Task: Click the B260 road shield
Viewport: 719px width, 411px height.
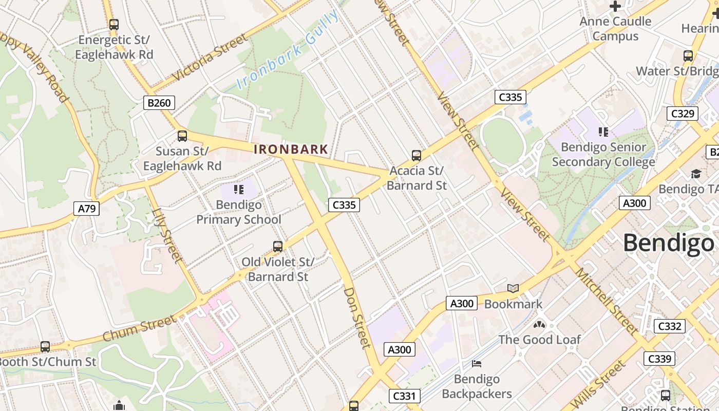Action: tap(159, 103)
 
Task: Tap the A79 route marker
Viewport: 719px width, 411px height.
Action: tap(86, 208)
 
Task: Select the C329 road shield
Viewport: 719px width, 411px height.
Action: tap(682, 114)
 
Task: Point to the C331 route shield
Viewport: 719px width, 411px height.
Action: tap(405, 396)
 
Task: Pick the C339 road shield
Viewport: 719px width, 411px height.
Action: tap(659, 359)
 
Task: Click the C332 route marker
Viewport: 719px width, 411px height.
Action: tap(670, 326)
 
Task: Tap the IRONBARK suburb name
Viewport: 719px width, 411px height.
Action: tap(291, 150)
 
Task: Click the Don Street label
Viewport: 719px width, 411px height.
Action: tap(357, 317)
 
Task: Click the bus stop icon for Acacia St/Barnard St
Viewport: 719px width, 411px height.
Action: tap(417, 155)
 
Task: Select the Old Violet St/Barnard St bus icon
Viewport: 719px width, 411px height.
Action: tap(278, 247)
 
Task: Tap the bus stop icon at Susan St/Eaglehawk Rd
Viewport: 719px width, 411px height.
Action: tap(182, 136)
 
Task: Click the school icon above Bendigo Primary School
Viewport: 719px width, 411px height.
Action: tap(238, 190)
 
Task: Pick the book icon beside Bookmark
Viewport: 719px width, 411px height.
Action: tap(513, 288)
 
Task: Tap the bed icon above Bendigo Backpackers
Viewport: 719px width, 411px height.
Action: tap(477, 364)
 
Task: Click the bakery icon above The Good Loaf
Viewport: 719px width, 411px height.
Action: tap(539, 324)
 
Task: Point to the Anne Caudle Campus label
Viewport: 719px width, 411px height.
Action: tap(615, 29)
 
